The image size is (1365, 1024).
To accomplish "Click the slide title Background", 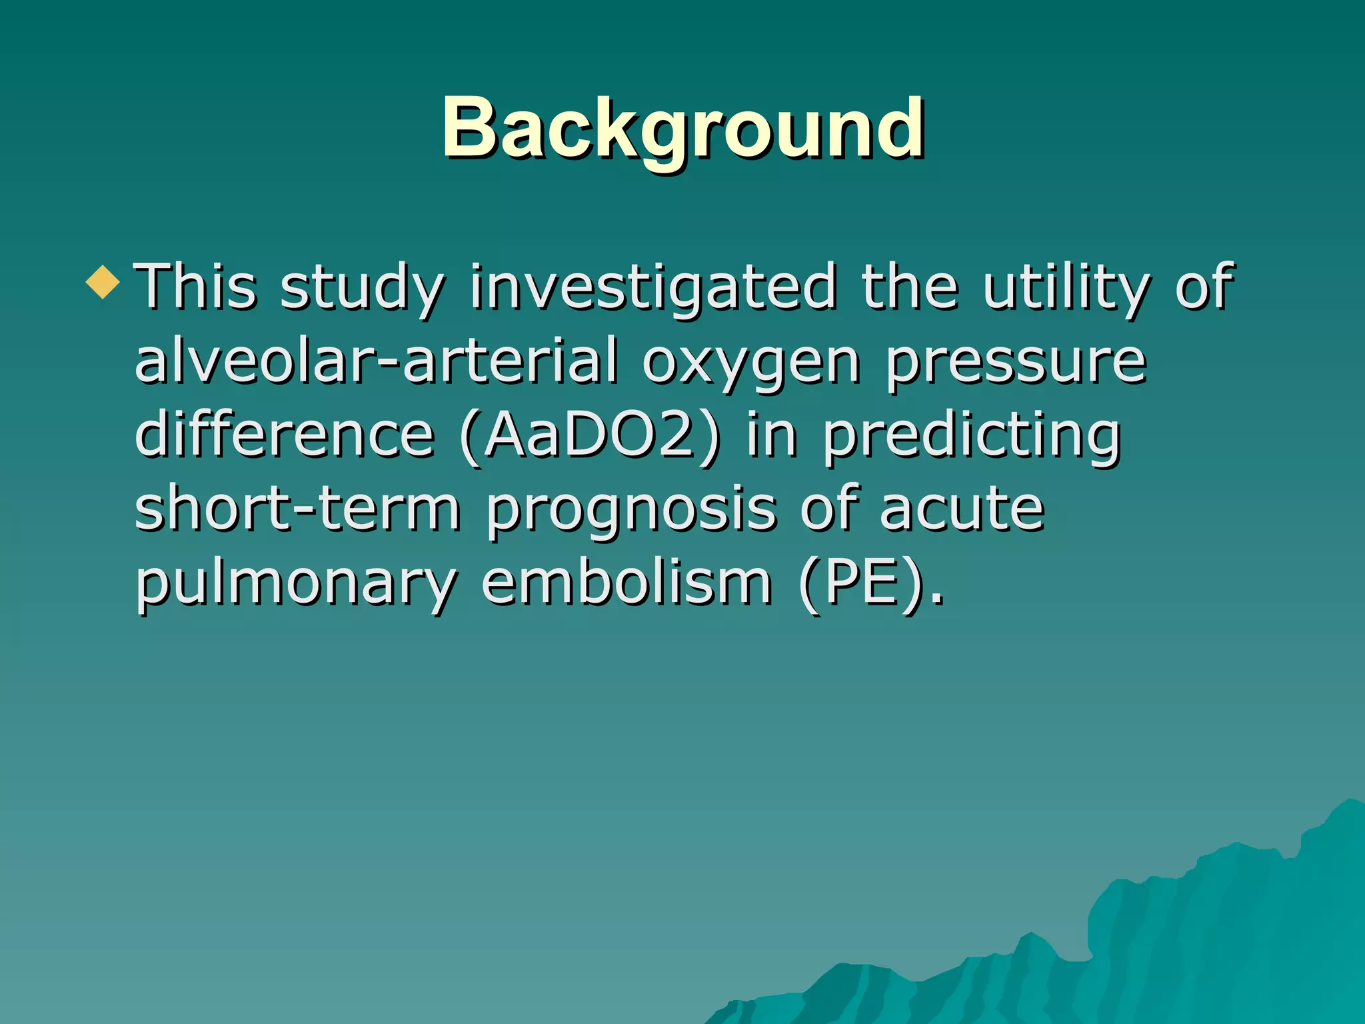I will click(x=682, y=128).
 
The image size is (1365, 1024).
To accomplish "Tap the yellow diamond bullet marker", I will click(x=103, y=281).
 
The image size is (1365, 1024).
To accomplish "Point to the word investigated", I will click(x=653, y=288).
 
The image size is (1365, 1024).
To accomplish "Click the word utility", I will click(x=1066, y=288).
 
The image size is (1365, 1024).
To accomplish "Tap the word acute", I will click(x=961, y=509).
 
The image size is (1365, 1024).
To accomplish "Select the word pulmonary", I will click(x=296, y=585).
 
